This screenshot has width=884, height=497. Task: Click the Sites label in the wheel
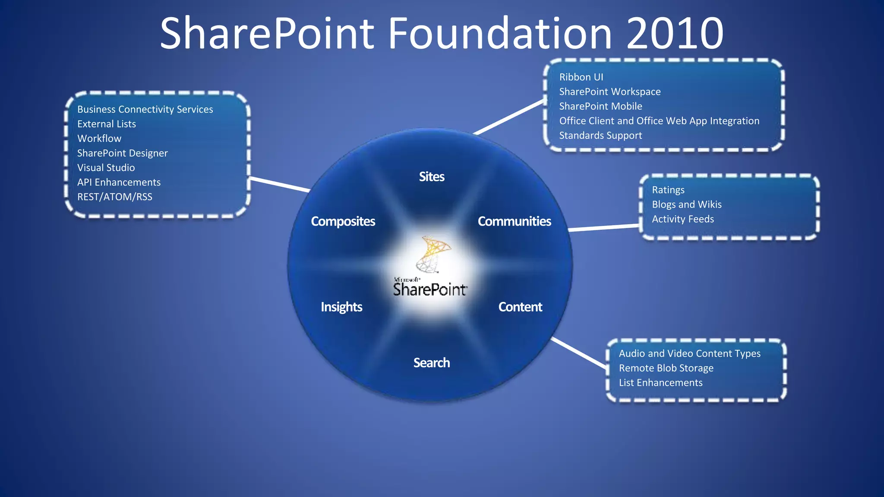432,177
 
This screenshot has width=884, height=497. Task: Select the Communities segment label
514,221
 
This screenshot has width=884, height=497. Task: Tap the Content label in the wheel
520,307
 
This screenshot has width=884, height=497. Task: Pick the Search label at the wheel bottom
432,363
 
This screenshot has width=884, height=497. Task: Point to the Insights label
341,307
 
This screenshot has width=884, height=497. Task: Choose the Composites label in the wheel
343,221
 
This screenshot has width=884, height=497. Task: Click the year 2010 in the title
675,34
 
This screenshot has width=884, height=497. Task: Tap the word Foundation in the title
500,34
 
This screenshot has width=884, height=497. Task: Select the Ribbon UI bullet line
581,77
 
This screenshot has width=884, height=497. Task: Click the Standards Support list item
600,135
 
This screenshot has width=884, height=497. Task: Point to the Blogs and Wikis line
686,204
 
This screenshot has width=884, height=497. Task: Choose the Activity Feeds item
682,219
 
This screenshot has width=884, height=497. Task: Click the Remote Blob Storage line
666,368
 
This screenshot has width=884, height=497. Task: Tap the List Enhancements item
660,383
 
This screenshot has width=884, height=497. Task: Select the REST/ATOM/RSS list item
114,197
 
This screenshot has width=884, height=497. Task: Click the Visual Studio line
106,168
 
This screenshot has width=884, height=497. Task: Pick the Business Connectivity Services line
145,110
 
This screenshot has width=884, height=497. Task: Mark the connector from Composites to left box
280,184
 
